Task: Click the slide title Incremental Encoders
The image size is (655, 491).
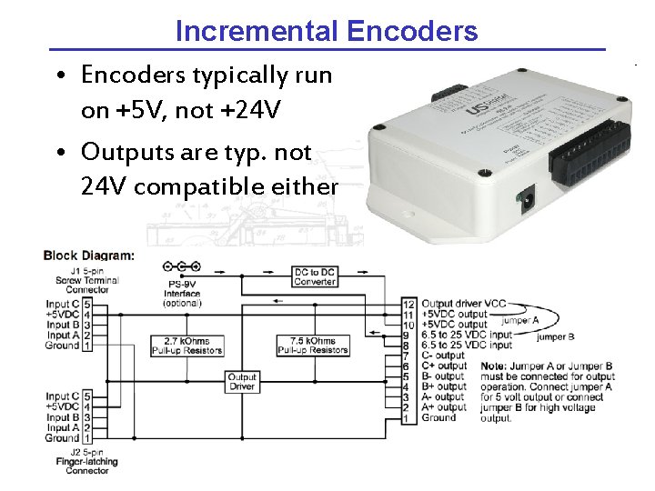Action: pos(326,32)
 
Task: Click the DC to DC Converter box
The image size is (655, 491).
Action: pos(315,276)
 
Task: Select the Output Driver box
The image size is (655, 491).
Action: pos(242,383)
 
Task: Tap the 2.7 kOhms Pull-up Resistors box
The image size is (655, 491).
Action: pos(186,345)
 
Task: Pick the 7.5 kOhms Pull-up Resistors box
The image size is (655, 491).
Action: pos(312,345)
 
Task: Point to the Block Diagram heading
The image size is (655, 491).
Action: pos(88,256)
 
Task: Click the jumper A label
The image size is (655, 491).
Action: pos(520,320)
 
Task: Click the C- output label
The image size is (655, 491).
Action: pos(444,356)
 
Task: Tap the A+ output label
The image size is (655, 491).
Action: pos(444,407)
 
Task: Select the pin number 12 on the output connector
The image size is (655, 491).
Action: pos(408,304)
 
